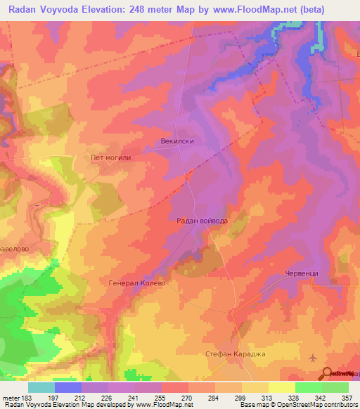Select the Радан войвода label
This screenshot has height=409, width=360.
click(x=202, y=221)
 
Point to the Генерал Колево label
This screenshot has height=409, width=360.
click(x=136, y=283)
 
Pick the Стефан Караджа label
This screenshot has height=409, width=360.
click(x=236, y=353)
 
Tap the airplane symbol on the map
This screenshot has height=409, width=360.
click(x=313, y=358)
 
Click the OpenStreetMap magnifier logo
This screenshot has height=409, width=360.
click(x=327, y=374)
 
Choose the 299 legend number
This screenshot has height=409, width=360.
click(x=241, y=397)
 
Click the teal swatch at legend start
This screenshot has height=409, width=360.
click(x=41, y=387)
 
